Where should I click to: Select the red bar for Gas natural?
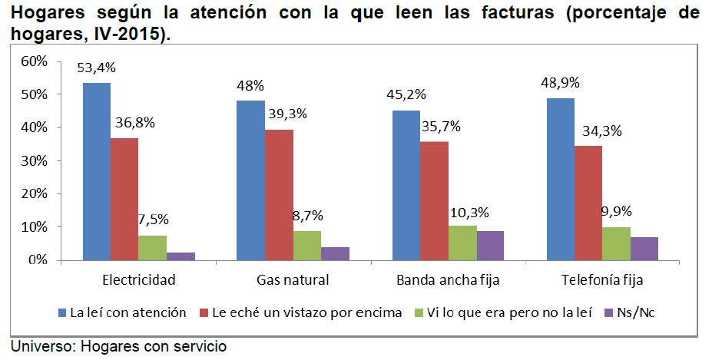tap(279, 195)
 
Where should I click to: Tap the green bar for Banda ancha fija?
tap(462, 243)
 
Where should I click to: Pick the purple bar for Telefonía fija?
tap(644, 249)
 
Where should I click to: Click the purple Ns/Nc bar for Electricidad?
tap(180, 256)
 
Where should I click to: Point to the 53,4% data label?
tap(97, 68)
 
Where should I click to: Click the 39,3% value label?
tap(286, 114)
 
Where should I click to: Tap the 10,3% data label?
tap(470, 212)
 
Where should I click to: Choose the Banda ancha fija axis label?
tap(448, 280)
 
